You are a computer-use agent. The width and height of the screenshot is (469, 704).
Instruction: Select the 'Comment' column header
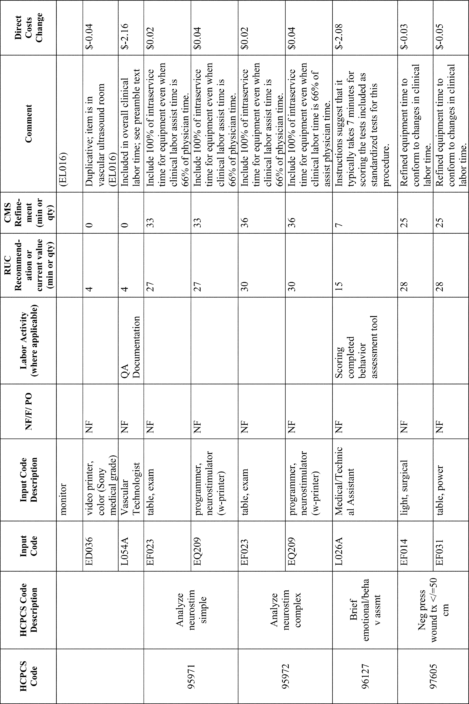(28, 123)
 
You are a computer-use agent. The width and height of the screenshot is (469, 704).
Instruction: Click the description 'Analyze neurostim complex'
(285, 609)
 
